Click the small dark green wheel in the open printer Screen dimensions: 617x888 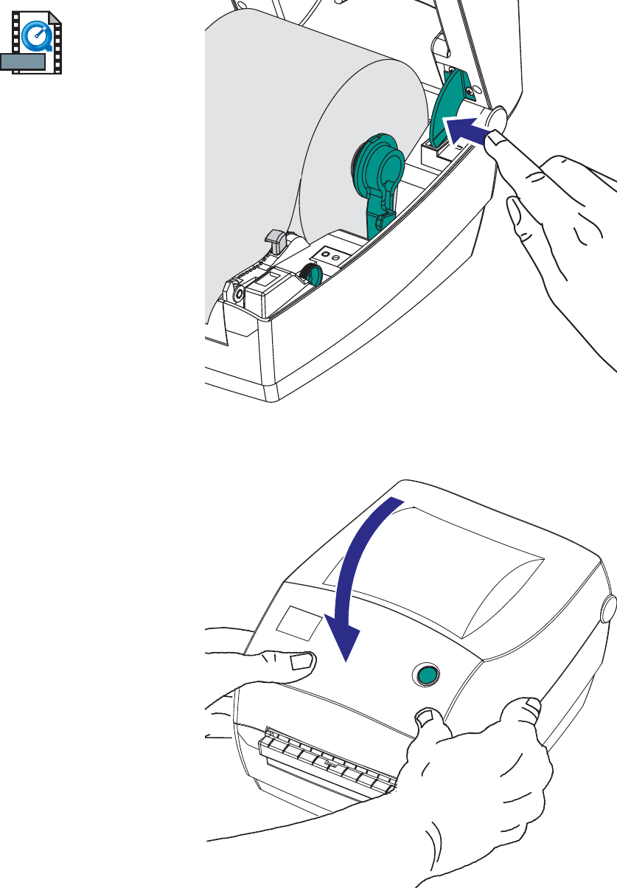click(x=313, y=275)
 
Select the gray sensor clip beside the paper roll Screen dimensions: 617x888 click(x=275, y=239)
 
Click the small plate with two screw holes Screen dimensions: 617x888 click(x=329, y=256)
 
